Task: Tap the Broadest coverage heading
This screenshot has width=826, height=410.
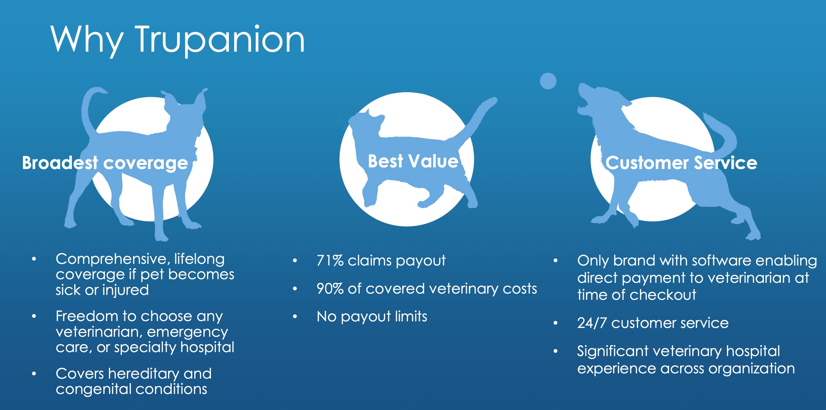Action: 105,163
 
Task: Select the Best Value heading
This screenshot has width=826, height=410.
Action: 413,161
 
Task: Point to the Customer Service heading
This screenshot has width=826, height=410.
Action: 681,163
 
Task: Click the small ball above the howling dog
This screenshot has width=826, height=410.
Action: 548,81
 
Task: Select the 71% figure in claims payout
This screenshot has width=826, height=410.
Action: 330,261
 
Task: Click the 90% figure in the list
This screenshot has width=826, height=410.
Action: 330,289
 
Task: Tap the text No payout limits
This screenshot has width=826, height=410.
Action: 372,316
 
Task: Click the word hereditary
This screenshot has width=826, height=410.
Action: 144,373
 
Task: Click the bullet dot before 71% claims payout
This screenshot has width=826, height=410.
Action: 295,261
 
